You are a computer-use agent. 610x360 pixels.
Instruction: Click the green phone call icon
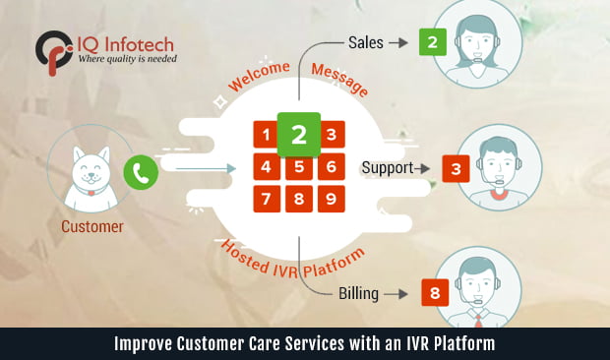[x=142, y=174]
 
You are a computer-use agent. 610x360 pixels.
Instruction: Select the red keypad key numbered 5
[x=299, y=167]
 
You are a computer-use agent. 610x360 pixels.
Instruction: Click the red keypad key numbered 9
[x=332, y=199]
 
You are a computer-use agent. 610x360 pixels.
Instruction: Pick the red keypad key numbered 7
[x=267, y=199]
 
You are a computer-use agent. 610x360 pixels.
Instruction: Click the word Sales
[x=366, y=43]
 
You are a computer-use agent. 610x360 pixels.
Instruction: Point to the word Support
[x=388, y=168]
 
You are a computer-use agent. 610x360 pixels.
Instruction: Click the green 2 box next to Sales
[x=430, y=42]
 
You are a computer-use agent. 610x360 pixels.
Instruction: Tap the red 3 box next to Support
[x=456, y=169]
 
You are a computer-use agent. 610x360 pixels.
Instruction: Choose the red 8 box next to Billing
[x=434, y=292]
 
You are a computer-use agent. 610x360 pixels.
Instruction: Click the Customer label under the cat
[x=92, y=227]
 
